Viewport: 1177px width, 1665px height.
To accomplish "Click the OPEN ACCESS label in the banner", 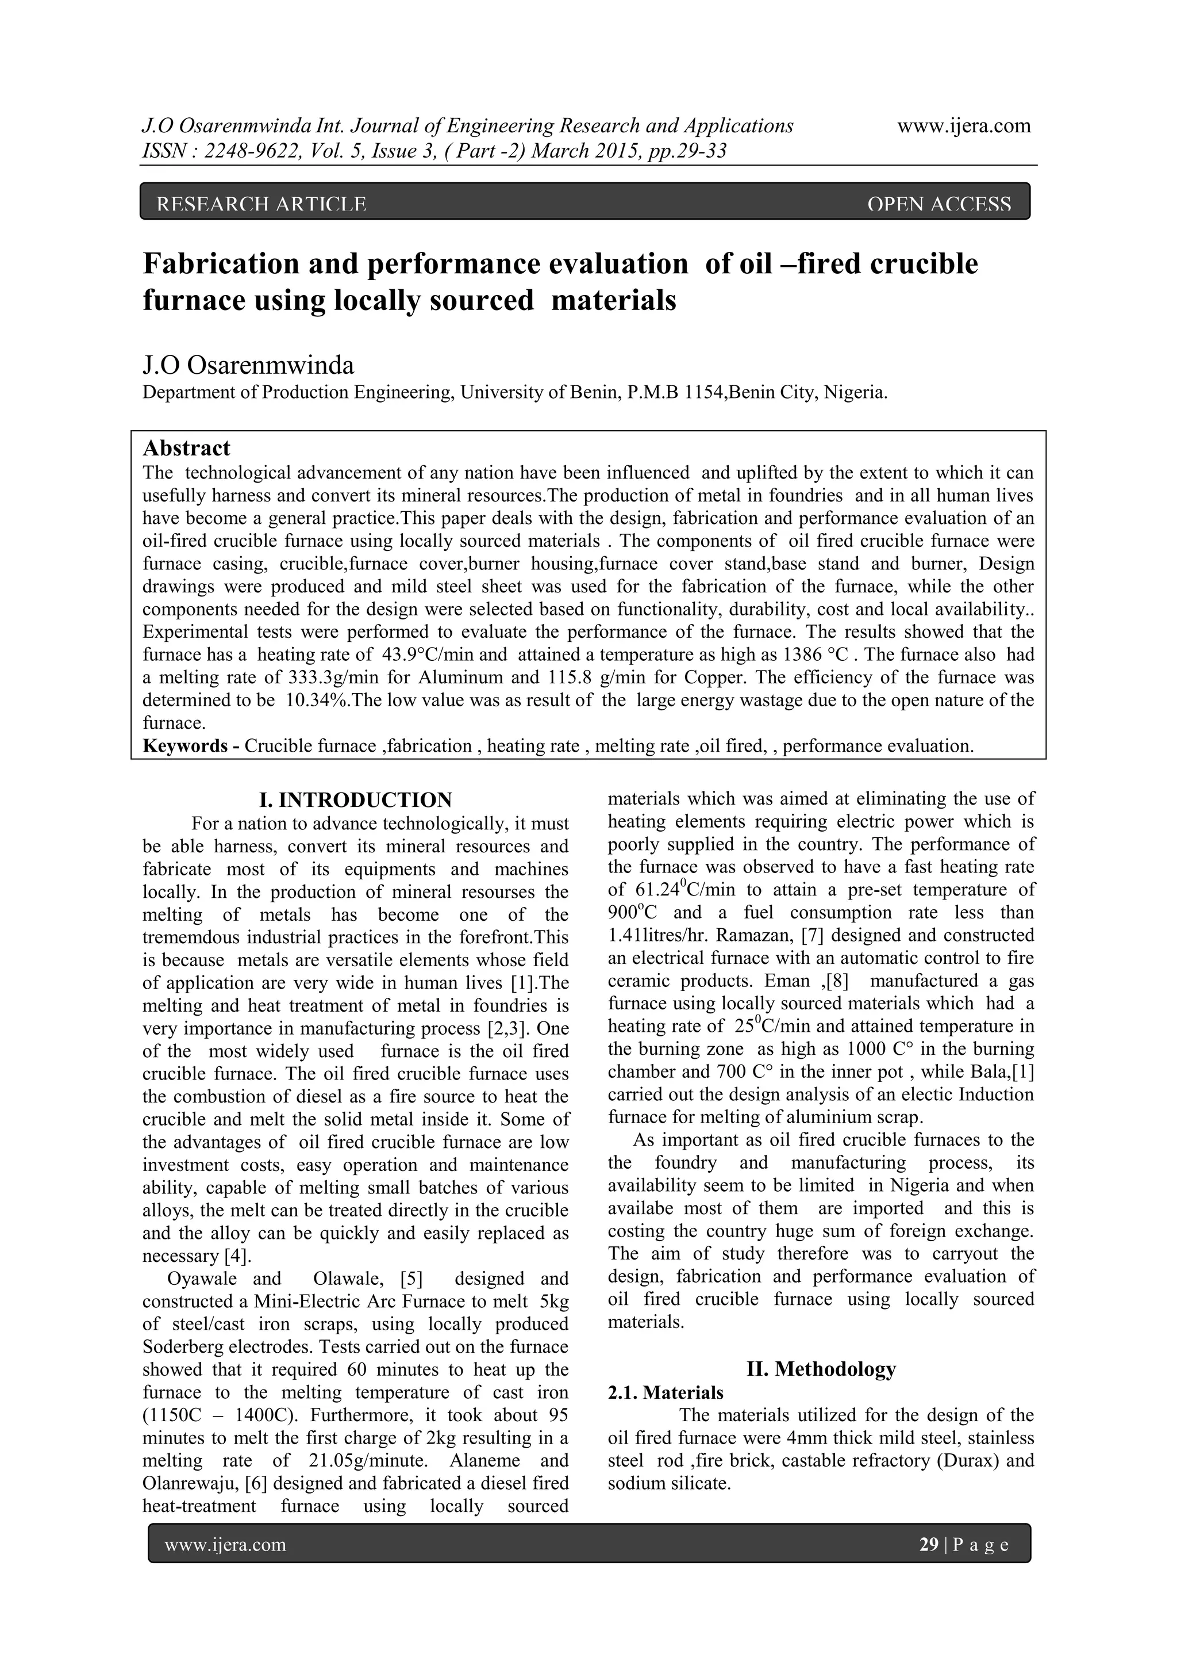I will [x=938, y=205].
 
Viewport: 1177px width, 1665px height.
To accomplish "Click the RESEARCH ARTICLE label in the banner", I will [x=261, y=205].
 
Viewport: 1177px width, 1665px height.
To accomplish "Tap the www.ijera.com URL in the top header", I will [x=963, y=125].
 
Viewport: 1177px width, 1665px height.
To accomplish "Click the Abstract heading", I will [x=186, y=447].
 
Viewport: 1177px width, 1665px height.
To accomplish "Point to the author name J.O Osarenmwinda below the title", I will [x=249, y=365].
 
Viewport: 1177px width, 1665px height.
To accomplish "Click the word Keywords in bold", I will [x=184, y=746].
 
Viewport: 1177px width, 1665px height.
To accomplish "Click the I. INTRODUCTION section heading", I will [x=355, y=800].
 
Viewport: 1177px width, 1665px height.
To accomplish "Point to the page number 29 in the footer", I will [x=928, y=1545].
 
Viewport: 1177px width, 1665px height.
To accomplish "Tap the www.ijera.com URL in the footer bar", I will [x=225, y=1545].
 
